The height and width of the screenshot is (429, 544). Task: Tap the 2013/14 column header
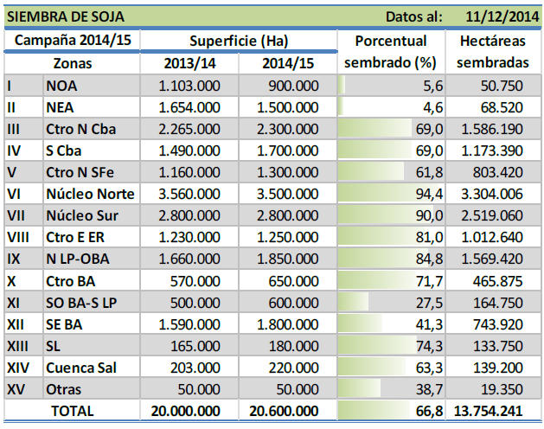[x=190, y=63]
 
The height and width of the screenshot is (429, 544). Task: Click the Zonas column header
[x=73, y=63]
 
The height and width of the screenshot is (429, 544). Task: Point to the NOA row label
[x=62, y=86]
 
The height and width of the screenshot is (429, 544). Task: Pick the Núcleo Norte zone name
[x=90, y=193]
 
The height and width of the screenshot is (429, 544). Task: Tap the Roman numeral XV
[x=16, y=389]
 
